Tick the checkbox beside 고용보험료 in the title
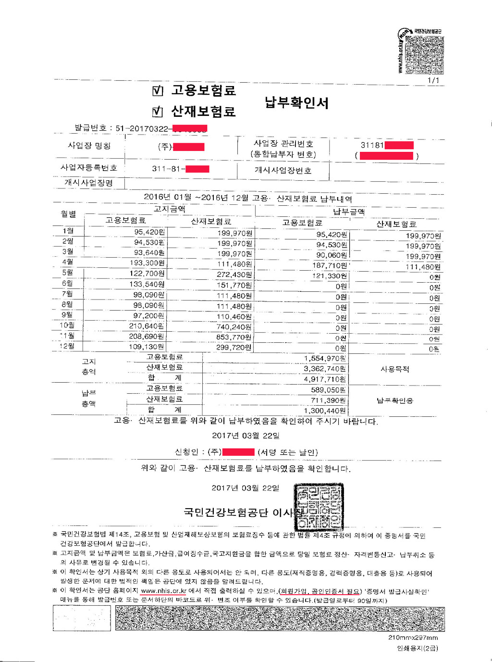(158, 90)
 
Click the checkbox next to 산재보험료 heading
(158, 112)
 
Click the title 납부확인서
(296, 102)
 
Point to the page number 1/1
(433, 80)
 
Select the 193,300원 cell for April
(147, 263)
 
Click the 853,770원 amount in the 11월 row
(234, 337)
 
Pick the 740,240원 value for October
(234, 327)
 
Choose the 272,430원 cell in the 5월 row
(234, 274)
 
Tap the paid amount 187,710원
(329, 265)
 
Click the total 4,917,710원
(324, 379)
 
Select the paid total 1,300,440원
(324, 411)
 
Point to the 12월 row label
(67, 346)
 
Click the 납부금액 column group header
(349, 212)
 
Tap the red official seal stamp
(319, 507)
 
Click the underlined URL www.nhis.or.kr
(163, 591)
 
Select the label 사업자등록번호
(88, 168)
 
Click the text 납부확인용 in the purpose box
(394, 400)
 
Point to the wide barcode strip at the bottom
(279, 619)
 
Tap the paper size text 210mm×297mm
(413, 637)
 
